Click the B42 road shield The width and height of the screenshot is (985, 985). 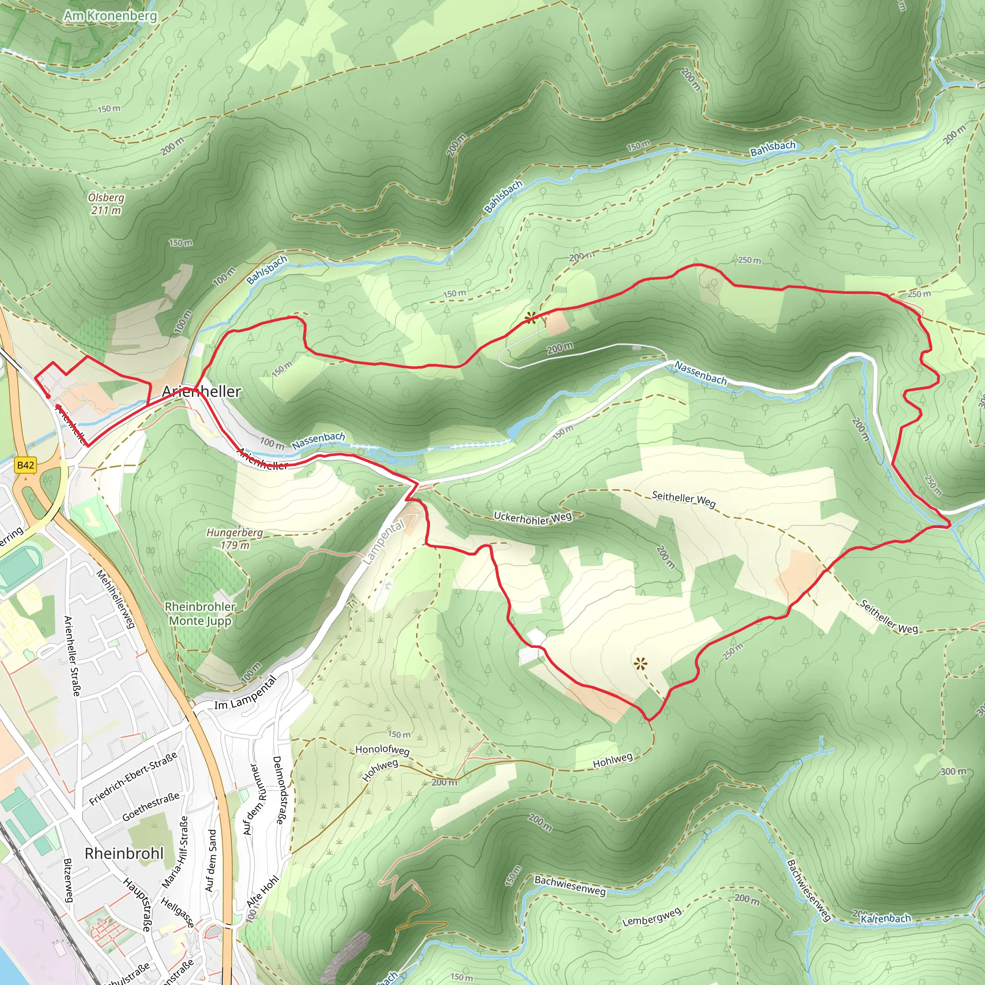point(25,465)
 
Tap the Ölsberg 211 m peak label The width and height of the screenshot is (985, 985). point(106,204)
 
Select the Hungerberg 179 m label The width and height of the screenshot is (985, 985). point(235,539)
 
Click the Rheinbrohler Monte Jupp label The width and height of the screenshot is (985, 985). point(201,613)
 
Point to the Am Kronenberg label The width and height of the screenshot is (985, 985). point(111,16)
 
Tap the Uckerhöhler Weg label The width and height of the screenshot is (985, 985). point(533,518)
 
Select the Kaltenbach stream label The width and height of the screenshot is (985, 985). point(885,919)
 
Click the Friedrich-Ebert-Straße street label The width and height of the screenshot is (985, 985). point(134,779)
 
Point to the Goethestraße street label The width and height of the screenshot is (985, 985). point(151,807)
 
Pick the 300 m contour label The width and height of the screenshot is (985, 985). point(953,771)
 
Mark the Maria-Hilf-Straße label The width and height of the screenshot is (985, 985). point(176,852)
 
